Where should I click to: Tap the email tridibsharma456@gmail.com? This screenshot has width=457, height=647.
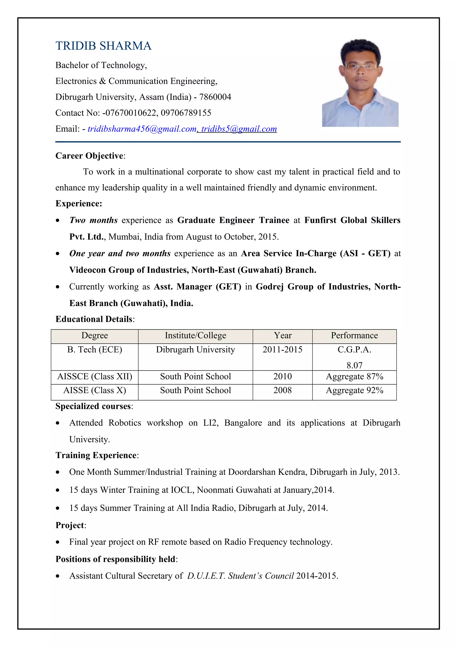(142, 129)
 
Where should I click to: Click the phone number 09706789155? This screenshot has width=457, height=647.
(186, 113)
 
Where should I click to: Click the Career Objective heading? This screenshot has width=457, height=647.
(89, 156)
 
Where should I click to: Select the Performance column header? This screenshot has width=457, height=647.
(354, 335)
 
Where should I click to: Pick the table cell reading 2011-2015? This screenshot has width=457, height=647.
(283, 349)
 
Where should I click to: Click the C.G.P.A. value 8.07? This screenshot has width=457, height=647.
(354, 365)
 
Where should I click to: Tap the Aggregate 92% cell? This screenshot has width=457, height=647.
(354, 390)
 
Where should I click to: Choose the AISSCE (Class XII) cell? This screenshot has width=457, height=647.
(95, 376)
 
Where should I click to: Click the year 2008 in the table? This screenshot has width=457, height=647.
(283, 390)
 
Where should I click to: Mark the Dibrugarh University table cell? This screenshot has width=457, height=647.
(195, 349)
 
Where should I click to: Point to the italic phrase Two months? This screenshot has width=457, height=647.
(93, 220)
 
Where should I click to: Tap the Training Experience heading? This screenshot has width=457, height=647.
(96, 455)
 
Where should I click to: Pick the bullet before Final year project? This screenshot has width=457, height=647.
(58, 542)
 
